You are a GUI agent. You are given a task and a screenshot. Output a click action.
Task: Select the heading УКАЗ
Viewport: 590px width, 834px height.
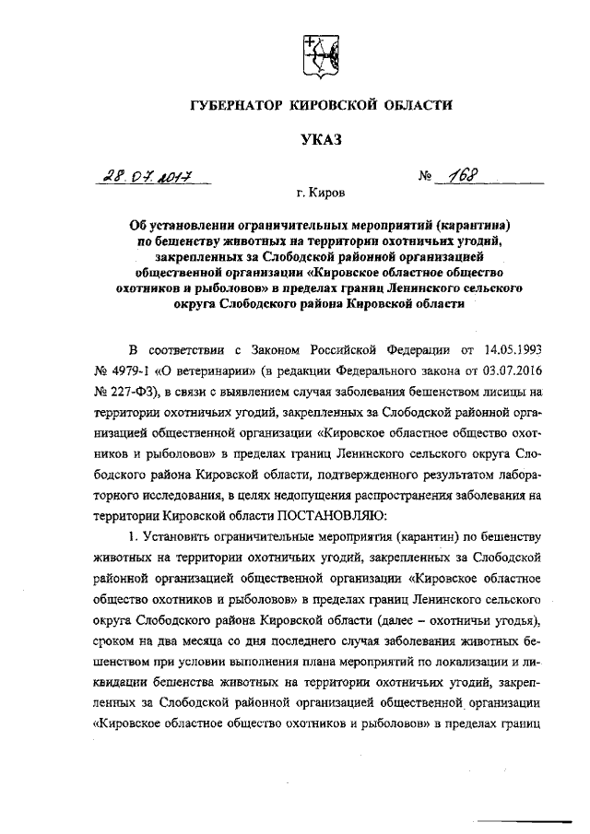coord(320,139)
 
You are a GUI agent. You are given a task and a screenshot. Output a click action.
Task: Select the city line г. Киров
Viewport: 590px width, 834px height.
coord(318,195)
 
